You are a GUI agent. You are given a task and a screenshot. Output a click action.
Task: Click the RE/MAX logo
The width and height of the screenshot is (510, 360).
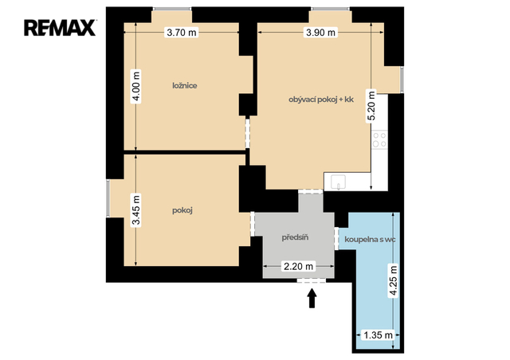pyautogui.click(x=60, y=28)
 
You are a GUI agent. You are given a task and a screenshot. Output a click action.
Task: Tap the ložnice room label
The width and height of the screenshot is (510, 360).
pyautogui.click(x=185, y=86)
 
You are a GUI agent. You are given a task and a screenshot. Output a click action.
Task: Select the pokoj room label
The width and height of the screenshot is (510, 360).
pyautogui.click(x=182, y=211)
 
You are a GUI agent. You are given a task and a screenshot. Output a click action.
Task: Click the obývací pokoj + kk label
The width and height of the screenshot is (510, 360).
pyautogui.click(x=321, y=100)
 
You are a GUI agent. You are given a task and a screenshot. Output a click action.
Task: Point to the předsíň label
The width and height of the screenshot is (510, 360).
pyautogui.click(x=295, y=237)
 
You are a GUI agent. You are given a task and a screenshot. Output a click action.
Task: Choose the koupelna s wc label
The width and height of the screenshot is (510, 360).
pyautogui.click(x=370, y=240)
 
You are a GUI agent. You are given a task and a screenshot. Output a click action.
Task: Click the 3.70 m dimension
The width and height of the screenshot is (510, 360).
pyautogui.click(x=182, y=33)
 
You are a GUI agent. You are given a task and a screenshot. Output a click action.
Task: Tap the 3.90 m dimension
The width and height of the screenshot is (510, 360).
pyautogui.click(x=320, y=33)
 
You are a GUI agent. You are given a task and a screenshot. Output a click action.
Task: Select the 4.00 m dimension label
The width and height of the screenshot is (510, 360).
pyautogui.click(x=136, y=86)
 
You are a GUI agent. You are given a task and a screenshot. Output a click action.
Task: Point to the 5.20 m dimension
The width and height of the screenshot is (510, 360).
pyautogui.click(x=371, y=106)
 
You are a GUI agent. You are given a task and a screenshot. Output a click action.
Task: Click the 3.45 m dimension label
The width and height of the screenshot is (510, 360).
pyautogui.click(x=136, y=209)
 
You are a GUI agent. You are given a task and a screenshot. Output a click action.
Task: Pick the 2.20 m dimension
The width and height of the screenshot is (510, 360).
pyautogui.click(x=299, y=266)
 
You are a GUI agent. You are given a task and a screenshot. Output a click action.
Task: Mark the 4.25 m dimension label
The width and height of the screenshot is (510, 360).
pyautogui.click(x=394, y=281)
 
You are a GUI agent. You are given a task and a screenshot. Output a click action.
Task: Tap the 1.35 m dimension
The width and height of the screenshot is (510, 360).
pyautogui.click(x=378, y=335)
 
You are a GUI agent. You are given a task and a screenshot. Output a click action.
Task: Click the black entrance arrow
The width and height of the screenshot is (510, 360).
pyautogui.click(x=312, y=299)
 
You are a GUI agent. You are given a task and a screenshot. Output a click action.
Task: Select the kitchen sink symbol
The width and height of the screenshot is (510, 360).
pyautogui.click(x=338, y=182)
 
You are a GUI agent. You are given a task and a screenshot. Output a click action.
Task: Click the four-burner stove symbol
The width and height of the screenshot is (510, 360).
pyautogui.click(x=379, y=139)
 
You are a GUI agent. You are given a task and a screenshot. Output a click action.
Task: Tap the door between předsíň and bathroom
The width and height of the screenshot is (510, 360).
pyautogui.click(x=336, y=238)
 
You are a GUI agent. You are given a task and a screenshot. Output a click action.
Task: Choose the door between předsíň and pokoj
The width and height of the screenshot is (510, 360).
pyautogui.click(x=253, y=224)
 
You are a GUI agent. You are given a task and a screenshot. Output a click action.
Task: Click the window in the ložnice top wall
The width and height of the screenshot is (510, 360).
pyautogui.click(x=172, y=9)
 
